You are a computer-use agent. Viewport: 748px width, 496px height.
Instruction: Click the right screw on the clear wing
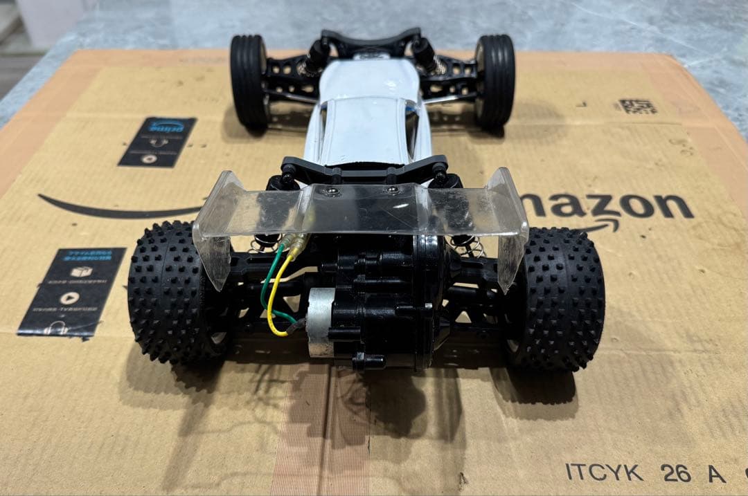(392, 190)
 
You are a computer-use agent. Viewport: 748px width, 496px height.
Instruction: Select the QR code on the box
(637, 107)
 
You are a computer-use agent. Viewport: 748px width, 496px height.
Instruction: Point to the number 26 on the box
(675, 473)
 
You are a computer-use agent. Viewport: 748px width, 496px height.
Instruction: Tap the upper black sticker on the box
(157, 141)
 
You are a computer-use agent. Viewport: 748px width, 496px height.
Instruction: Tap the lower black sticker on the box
(73, 291)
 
